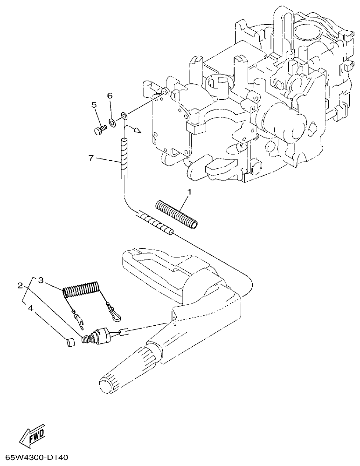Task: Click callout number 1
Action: pos(189,192)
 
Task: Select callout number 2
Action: pos(20,285)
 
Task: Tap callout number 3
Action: pos(41,280)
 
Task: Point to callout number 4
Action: pos(30,308)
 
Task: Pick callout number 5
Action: pos(94,105)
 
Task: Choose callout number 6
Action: pos(110,96)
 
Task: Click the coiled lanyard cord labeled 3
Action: pos(81,290)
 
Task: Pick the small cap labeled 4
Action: pos(70,343)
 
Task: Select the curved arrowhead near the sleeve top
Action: pos(137,132)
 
